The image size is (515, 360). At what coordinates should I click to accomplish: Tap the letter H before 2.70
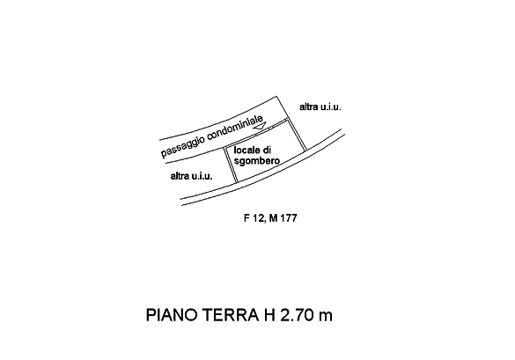point(269,315)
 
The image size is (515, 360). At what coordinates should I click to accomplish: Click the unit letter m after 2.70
point(325,317)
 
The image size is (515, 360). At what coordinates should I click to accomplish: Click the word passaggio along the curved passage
point(183,145)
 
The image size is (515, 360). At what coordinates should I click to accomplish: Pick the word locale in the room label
point(245,151)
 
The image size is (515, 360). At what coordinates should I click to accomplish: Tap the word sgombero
point(257,161)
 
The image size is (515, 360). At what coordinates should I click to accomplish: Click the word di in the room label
point(267,151)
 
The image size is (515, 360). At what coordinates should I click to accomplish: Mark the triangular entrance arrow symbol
point(261,127)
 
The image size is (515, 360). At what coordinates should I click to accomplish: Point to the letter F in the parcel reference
point(246,218)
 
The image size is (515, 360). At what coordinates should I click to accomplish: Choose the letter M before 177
point(273,218)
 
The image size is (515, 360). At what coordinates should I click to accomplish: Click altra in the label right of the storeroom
point(309,107)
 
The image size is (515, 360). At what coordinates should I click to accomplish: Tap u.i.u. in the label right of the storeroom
point(331,107)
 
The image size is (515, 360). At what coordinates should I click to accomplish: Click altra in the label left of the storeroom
point(180,176)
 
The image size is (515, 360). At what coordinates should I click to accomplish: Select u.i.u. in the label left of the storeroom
point(202,176)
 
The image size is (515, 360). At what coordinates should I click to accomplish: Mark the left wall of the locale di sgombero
point(231,165)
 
